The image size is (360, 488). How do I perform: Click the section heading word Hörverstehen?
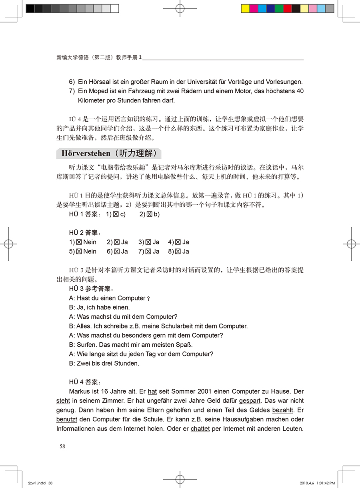pos(86,153)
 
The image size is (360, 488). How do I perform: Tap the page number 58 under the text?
pos(62,446)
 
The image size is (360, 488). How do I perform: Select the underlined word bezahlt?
pos(283,410)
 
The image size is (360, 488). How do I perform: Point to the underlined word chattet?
pos(200,429)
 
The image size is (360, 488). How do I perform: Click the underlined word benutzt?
pos(66,420)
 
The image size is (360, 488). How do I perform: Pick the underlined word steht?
pos(63,401)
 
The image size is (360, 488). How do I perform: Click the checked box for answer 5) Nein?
pos(79,252)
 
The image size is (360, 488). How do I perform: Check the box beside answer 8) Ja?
pos(178,252)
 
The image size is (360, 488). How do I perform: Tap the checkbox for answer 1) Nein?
pos(79,242)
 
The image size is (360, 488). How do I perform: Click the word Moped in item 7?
pos(96,91)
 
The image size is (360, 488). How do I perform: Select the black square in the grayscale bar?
pos(30,8)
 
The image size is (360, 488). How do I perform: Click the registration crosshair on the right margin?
pos(351,244)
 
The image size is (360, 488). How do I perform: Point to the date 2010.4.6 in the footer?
pos(307,483)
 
